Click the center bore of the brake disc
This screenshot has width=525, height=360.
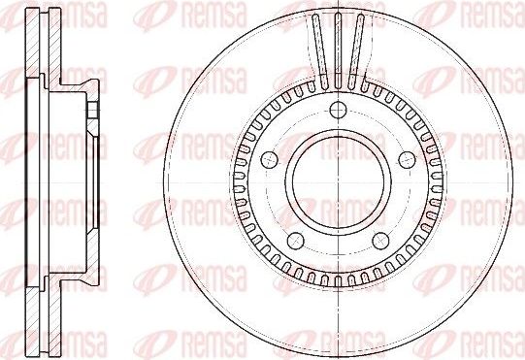335,180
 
